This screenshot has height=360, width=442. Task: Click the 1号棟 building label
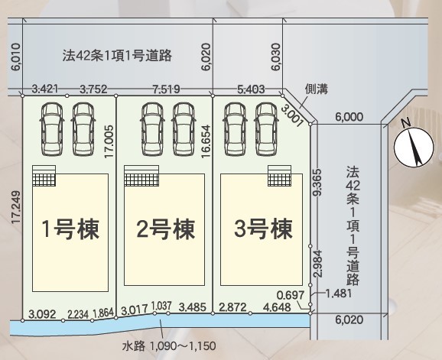(x=70, y=229)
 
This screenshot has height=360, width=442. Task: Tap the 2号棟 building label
(x=166, y=229)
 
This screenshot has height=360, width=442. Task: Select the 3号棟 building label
(x=263, y=229)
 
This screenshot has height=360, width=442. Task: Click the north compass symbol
(x=413, y=147)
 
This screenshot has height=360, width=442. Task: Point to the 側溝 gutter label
(x=317, y=89)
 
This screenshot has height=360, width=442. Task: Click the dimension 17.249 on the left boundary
(x=16, y=207)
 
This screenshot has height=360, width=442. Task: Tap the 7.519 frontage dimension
(x=166, y=89)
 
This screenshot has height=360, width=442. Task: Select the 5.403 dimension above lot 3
(x=251, y=89)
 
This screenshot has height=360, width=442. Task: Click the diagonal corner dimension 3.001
(x=292, y=115)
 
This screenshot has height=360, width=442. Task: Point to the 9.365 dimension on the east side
(x=317, y=182)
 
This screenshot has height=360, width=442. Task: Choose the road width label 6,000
(x=349, y=116)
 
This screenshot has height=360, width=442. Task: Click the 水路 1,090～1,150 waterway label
(x=169, y=345)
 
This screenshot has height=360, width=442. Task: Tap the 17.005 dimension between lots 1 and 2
(x=109, y=141)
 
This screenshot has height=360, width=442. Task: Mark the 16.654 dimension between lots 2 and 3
(x=206, y=141)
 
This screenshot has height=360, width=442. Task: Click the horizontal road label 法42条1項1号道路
(x=117, y=55)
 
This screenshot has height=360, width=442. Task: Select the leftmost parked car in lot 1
(x=52, y=128)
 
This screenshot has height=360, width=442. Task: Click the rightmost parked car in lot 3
(x=266, y=128)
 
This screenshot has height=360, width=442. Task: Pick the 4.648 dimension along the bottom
(x=277, y=306)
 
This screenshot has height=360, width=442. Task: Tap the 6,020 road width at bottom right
(x=349, y=319)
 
